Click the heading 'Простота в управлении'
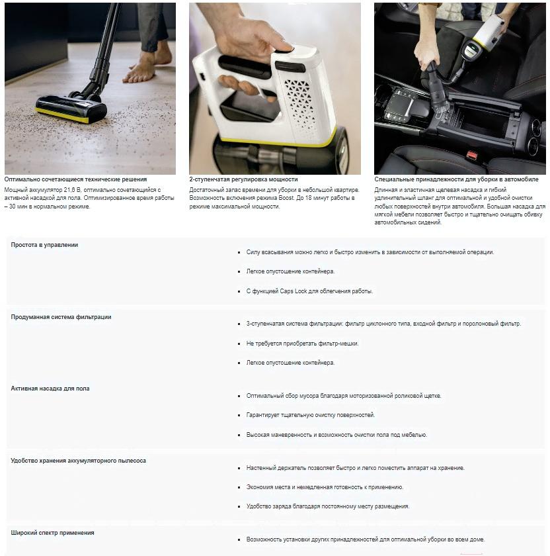[44, 245]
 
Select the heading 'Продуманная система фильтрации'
[61, 317]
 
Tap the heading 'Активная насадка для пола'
[50, 389]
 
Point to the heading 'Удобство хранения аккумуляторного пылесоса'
[78, 461]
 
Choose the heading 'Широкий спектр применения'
[52, 533]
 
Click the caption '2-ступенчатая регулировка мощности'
[243, 179]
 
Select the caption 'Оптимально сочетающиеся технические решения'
[75, 179]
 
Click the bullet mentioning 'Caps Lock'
[309, 291]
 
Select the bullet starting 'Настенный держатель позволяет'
[355, 468]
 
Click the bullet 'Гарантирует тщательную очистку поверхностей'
[310, 415]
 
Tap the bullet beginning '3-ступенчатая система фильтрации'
[383, 324]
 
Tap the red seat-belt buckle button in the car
[472, 154]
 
